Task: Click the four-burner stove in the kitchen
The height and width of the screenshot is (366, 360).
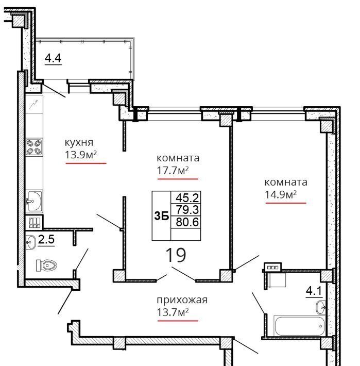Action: (34, 147)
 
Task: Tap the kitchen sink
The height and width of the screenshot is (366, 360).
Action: (34, 201)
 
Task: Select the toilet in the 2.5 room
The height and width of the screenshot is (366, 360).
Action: (46, 265)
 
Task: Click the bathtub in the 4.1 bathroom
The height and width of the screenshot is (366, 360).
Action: (300, 326)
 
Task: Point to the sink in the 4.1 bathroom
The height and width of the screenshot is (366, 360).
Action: (321, 307)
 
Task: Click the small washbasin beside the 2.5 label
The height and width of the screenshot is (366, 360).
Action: (31, 242)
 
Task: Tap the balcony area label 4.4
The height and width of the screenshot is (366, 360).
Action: (53, 58)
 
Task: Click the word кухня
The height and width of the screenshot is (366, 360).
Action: (79, 142)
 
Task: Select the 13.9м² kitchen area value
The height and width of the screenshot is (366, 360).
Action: (81, 155)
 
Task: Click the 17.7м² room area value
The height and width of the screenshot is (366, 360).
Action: (173, 170)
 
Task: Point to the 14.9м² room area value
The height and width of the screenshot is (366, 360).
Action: (281, 194)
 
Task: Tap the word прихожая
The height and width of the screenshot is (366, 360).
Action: (182, 300)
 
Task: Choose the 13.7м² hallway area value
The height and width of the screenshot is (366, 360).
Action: (173, 312)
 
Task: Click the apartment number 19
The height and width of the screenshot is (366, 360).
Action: (176, 255)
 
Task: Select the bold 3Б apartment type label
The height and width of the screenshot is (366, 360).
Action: (162, 217)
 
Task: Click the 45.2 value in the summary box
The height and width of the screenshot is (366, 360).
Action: (187, 198)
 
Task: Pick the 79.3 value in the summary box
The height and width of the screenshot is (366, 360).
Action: (187, 210)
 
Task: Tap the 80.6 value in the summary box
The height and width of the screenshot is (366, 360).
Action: (187, 222)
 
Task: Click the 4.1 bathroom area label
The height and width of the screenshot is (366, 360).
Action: (314, 291)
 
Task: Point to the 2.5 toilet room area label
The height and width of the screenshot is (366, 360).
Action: (46, 240)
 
